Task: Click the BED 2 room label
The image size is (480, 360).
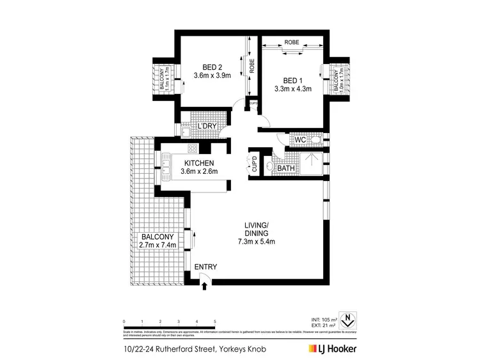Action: (212, 67)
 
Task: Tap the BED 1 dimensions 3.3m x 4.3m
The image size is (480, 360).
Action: (292, 89)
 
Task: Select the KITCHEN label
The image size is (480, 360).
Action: (199, 162)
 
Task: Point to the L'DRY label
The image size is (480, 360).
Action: (206, 126)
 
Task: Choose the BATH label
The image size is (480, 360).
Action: (285, 168)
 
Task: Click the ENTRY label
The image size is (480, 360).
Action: (205, 267)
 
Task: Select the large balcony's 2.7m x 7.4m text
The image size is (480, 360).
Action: (157, 245)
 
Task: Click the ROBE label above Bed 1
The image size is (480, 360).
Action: (292, 43)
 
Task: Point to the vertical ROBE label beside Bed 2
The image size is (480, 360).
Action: (252, 67)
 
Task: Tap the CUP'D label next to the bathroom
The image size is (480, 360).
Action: (254, 165)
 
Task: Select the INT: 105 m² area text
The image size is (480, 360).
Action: (323, 318)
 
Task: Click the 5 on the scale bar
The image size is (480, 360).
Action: (215, 321)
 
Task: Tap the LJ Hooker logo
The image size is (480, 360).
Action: (333, 348)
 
